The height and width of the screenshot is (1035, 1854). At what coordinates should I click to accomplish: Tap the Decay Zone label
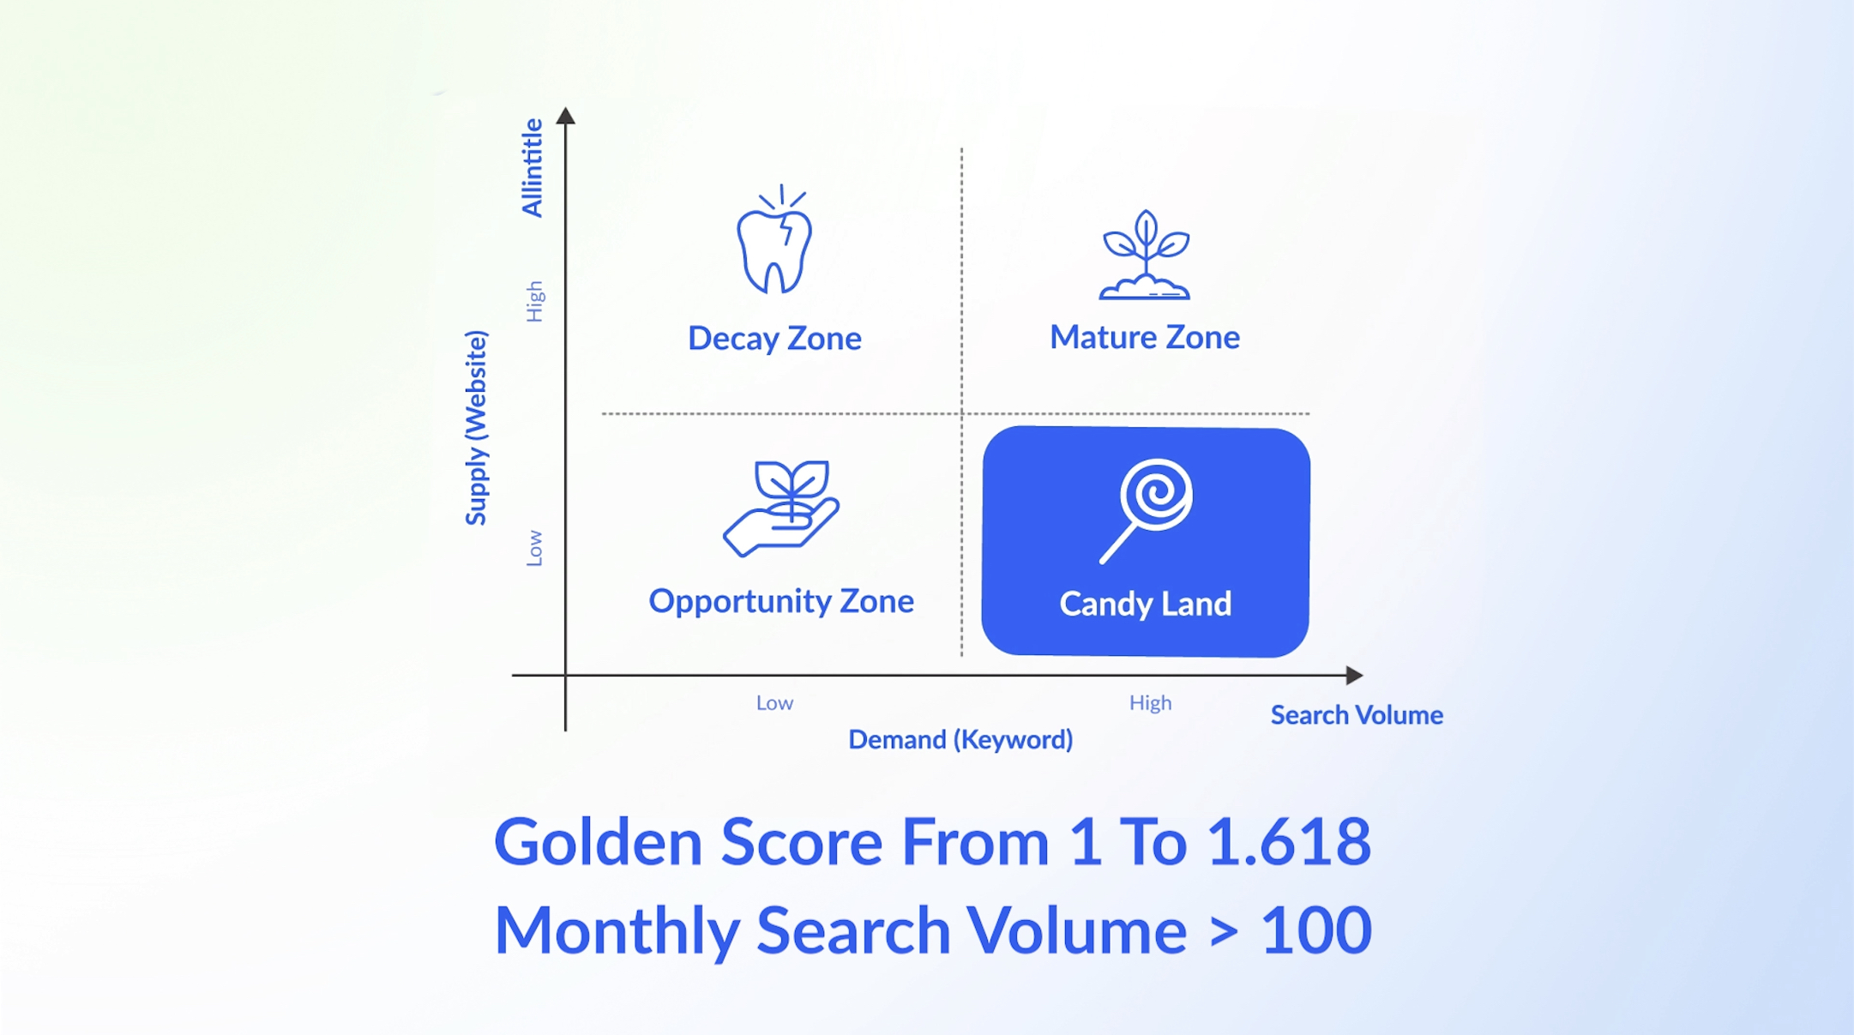tap(774, 339)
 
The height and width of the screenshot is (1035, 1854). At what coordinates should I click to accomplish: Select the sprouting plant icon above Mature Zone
tap(1145, 255)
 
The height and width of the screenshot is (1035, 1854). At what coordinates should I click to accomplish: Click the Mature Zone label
tap(1145, 337)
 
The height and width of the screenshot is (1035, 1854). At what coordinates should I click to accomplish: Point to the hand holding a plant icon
tap(781, 508)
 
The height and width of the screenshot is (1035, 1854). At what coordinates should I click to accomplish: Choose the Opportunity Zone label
tap(781, 601)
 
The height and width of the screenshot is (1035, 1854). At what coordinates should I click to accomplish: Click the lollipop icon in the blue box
tap(1147, 510)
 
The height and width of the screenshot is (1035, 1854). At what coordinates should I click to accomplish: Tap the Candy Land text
tap(1146, 604)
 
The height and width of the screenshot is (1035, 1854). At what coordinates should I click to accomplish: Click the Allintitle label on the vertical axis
tap(533, 168)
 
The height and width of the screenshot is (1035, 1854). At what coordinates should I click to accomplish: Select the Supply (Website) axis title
tap(476, 428)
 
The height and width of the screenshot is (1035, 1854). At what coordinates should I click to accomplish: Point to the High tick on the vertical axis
tap(534, 301)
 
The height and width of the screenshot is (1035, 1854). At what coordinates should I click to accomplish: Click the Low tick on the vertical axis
tap(534, 548)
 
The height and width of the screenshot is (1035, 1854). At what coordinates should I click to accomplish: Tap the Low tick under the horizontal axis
tap(774, 703)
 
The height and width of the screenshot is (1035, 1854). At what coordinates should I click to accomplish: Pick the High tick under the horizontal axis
tap(1150, 703)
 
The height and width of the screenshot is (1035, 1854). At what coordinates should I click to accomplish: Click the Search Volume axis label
tap(1357, 715)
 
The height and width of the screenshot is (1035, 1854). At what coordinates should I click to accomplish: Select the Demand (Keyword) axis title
tap(960, 739)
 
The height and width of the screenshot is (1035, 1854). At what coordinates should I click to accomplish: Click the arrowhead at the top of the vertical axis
tap(566, 116)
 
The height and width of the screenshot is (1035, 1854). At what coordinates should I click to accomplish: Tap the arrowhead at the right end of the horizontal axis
tap(1354, 675)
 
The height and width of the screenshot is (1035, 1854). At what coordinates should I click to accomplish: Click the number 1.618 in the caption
tap(1289, 841)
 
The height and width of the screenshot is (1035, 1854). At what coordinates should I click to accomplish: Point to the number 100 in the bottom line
tap(1316, 930)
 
